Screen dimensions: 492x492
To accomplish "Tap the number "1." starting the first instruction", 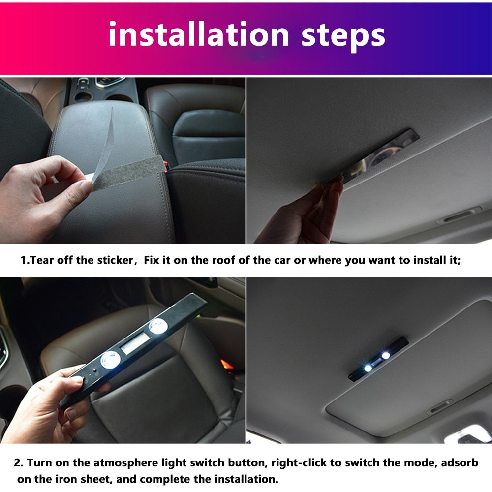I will [25, 260].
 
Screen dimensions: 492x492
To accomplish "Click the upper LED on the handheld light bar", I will [157, 325].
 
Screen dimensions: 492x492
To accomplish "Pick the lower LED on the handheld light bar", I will [110, 360].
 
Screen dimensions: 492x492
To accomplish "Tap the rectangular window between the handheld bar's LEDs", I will [133, 343].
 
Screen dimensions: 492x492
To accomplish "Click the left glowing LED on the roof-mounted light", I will [368, 368].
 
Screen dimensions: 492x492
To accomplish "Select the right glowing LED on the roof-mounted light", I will [386, 355].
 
